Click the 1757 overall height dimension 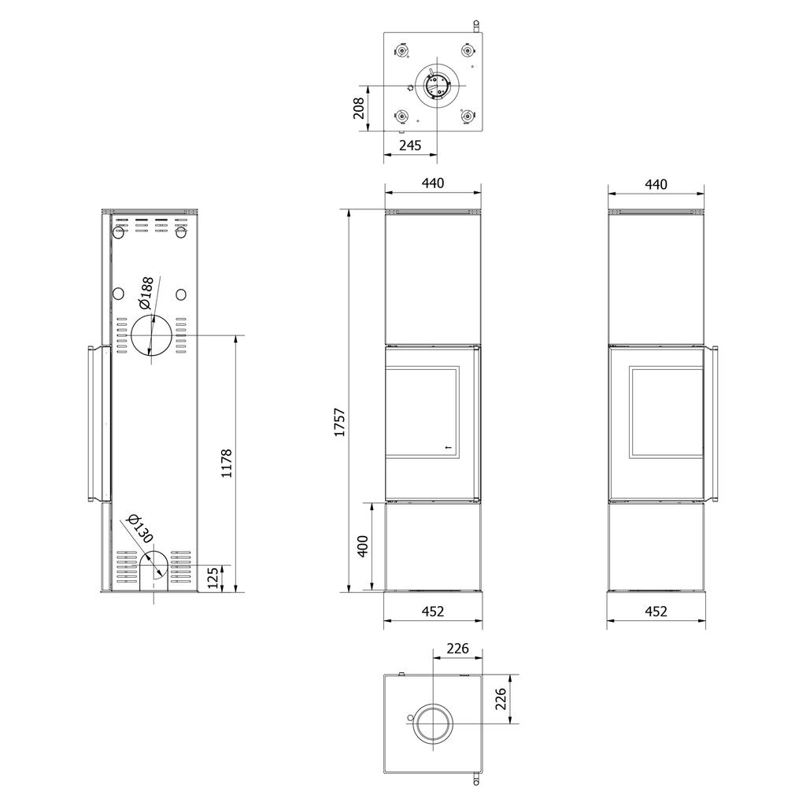tap(340, 423)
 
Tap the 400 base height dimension tap(362, 546)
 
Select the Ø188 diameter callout tap(146, 293)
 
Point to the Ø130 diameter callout tap(140, 528)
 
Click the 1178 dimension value tap(227, 463)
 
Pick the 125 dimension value tap(213, 579)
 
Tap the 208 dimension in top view tap(359, 108)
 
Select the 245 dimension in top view tap(410, 146)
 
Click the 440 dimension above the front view tap(433, 183)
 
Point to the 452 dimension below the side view tap(656, 611)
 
